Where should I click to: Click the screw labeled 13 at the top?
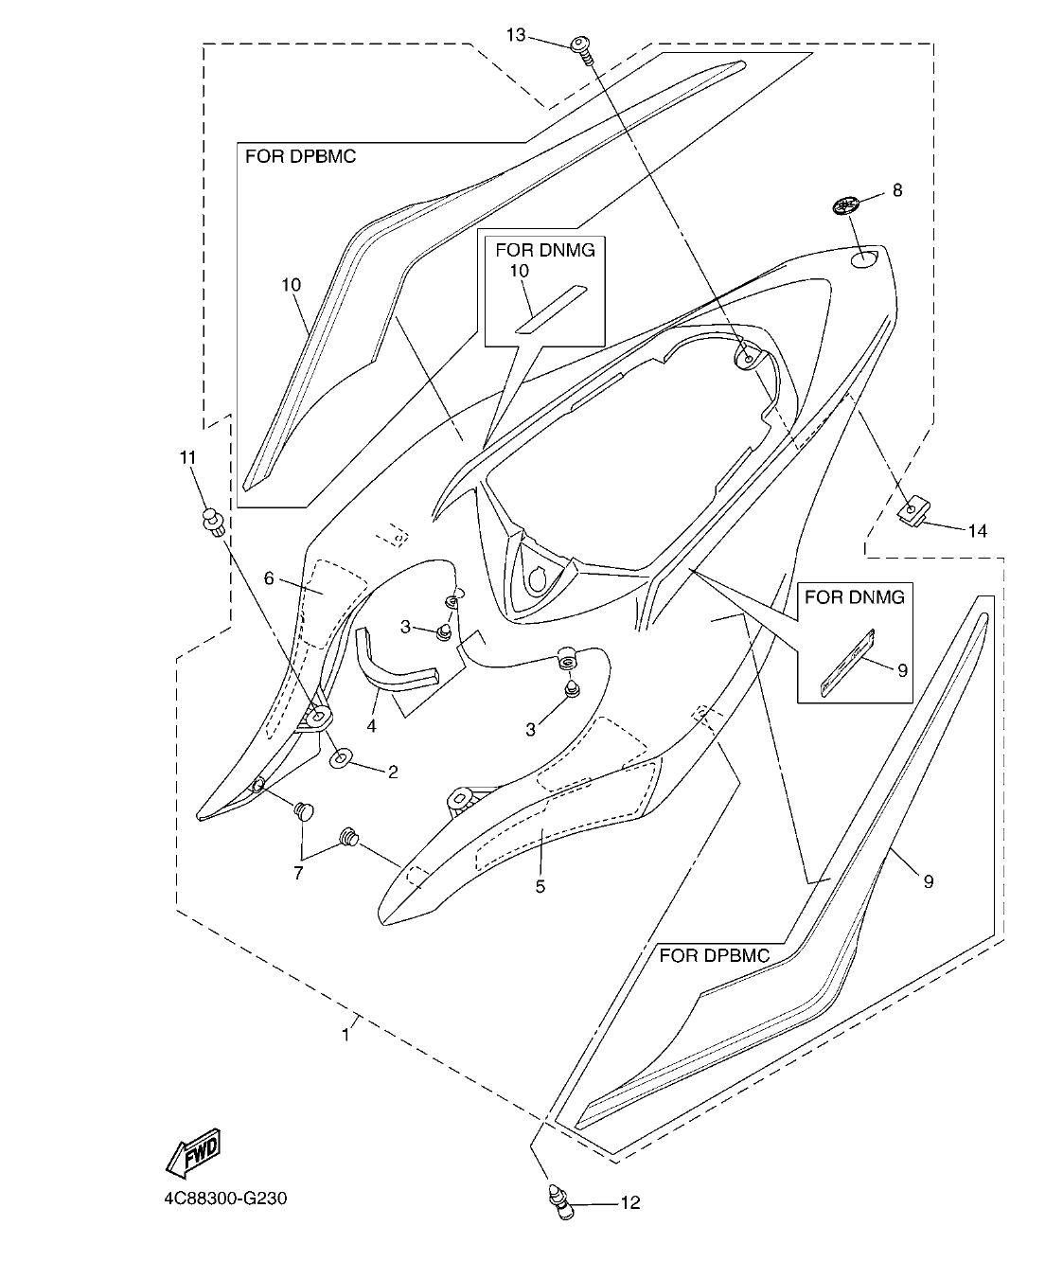click(x=580, y=47)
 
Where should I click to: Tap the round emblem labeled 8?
click(x=846, y=204)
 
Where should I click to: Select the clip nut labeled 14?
click(x=911, y=512)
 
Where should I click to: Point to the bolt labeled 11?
click(x=212, y=521)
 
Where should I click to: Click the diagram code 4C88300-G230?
click(x=224, y=1199)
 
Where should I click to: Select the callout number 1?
click(x=345, y=1036)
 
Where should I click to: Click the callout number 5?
click(x=540, y=887)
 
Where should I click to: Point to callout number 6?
click(x=269, y=577)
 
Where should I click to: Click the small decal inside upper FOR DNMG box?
click(x=550, y=308)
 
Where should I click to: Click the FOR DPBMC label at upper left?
click(x=300, y=157)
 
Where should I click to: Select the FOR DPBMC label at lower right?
click(x=714, y=955)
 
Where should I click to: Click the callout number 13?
click(x=516, y=35)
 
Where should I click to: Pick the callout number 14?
click(x=976, y=531)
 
